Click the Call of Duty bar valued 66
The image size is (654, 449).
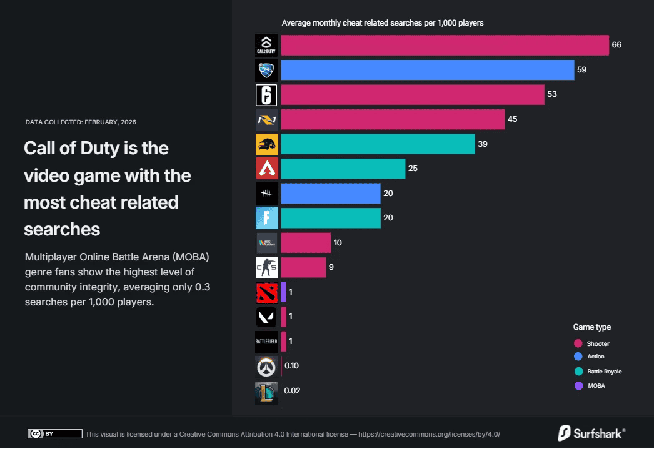point(445,46)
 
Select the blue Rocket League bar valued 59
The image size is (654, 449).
point(427,70)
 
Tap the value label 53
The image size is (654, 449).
point(551,94)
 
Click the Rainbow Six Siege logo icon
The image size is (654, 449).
point(266,95)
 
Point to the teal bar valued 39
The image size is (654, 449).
point(378,144)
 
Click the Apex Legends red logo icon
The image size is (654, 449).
point(266,169)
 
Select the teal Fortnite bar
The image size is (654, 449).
point(331,218)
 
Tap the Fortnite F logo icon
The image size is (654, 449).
point(266,218)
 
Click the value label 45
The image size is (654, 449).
point(512,119)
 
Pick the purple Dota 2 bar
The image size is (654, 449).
point(284,292)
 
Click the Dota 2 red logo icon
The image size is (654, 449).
point(266,292)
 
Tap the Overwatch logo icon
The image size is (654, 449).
point(266,367)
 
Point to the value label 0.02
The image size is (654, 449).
point(292,391)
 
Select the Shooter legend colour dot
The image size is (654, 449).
point(578,343)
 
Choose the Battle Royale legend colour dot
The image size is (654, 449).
point(578,372)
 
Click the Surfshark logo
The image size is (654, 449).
point(591,433)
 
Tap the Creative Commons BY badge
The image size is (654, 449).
point(54,433)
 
